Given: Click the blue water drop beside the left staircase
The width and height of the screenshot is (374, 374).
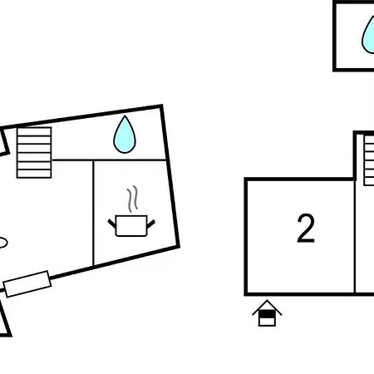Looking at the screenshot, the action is [x=125, y=135].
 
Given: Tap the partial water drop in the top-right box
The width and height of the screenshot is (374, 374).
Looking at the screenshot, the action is [x=369, y=36].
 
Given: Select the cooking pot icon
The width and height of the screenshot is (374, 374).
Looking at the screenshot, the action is [x=131, y=226].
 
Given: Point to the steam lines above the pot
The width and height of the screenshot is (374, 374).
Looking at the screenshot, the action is [x=132, y=199].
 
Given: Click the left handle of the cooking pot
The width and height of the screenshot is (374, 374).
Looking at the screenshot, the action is [x=112, y=224].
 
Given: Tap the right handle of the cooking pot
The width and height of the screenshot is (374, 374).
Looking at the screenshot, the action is [x=150, y=224].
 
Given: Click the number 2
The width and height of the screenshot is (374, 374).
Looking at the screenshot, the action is [x=306, y=229].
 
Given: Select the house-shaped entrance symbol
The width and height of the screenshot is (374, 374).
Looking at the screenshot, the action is [x=267, y=312].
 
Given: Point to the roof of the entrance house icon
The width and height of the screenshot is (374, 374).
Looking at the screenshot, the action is [x=267, y=307].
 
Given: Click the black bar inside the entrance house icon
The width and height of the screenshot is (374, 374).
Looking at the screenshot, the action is [x=267, y=314].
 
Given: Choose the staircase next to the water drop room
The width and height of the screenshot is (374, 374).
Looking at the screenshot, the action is [x=34, y=152].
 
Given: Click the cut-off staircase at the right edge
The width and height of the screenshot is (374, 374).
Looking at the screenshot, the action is [x=369, y=160].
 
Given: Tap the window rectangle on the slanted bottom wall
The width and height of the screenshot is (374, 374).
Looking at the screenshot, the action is [x=27, y=284].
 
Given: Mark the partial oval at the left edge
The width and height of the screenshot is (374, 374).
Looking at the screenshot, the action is [x=3, y=243].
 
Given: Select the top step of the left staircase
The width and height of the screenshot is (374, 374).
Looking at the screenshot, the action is [x=34, y=131].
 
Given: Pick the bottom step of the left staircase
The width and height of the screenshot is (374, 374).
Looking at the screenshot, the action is [x=34, y=174].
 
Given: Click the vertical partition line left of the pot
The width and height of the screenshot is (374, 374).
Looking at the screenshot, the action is [x=94, y=213].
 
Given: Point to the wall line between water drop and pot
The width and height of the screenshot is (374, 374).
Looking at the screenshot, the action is [x=109, y=160].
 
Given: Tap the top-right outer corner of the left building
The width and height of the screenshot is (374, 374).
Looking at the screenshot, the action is [x=162, y=106].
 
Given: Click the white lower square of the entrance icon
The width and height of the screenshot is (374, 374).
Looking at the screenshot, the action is [x=267, y=322].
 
